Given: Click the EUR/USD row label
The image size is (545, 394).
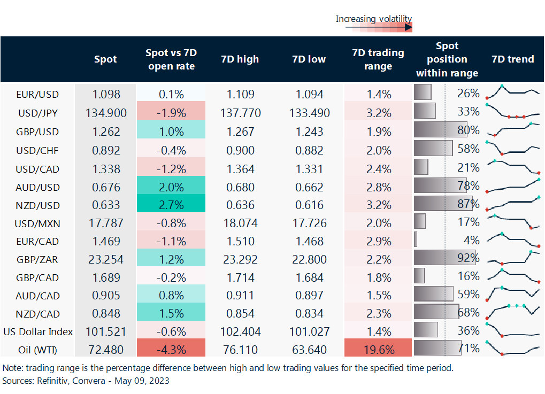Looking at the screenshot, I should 37,94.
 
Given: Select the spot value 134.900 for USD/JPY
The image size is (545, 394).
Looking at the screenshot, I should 106,113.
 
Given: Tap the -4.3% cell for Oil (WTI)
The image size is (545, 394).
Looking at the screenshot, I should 171,350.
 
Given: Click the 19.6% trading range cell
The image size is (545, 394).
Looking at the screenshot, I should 379,350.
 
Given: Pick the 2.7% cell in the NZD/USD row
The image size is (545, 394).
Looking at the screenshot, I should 171,205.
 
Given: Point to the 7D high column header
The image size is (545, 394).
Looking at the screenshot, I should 240,59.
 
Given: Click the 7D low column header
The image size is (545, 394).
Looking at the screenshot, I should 309,59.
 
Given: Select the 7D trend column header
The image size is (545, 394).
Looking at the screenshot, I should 512,59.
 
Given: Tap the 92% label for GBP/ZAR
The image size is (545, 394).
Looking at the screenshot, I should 468,259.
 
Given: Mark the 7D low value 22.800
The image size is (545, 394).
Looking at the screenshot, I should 309,259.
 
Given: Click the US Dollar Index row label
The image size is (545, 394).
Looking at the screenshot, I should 37,331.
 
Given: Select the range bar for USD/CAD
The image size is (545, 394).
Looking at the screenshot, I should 421,167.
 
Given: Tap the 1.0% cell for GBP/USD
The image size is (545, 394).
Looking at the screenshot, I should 171,132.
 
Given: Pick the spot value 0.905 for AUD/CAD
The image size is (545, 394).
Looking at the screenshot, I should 106,295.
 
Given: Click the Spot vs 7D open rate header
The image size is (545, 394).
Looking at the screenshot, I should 171,59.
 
